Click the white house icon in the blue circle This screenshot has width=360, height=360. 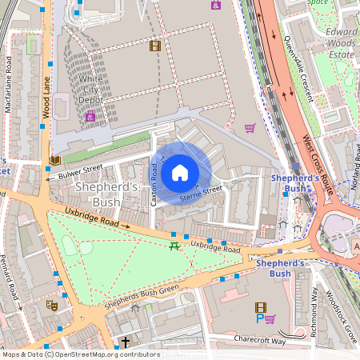(x=180, y=172)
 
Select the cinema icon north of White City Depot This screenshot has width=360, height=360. (x=154, y=46)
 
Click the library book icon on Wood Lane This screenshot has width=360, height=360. (x=54, y=160)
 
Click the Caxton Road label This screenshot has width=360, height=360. (x=154, y=185)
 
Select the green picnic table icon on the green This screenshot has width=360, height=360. (x=174, y=246)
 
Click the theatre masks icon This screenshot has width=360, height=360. (x=52, y=305)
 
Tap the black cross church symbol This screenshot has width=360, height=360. (x=125, y=342)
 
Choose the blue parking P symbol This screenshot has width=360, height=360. (x=258, y=318)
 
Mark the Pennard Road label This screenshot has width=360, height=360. (x=13, y=283)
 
